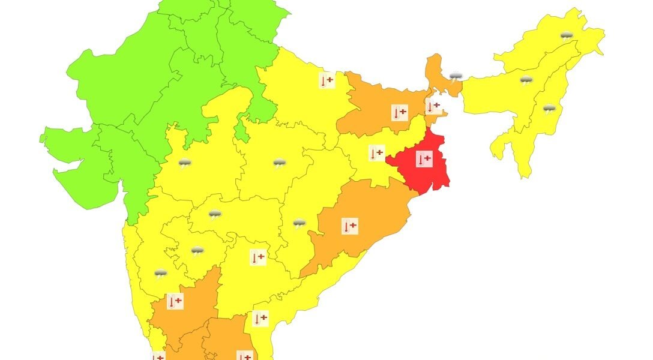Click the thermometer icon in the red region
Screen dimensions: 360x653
pyautogui.click(x=424, y=159)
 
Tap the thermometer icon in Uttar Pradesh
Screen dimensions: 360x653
pyautogui.click(x=326, y=80)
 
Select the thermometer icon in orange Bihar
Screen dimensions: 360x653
pyautogui.click(x=400, y=112)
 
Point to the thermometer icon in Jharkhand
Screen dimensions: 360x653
pyautogui.click(x=376, y=154)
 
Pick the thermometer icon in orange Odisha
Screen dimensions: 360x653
pyautogui.click(x=350, y=227)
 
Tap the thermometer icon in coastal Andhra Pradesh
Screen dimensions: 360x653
pyautogui.click(x=260, y=319)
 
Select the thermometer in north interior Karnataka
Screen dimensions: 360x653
pyautogui.click(x=175, y=301)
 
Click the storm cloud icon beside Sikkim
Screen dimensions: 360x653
pyautogui.click(x=456, y=76)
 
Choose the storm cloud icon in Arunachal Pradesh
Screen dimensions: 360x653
pyautogui.click(x=566, y=35)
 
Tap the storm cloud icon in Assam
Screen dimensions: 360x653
pyautogui.click(x=526, y=80)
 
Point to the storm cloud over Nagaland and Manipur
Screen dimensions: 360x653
pyautogui.click(x=549, y=109)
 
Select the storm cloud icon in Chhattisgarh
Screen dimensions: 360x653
pyautogui.click(x=299, y=224)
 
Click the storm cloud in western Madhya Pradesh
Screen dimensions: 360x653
pyautogui.click(x=185, y=162)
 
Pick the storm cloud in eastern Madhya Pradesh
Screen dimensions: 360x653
pyautogui.click(x=279, y=163)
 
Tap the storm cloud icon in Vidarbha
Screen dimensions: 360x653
pyautogui.click(x=215, y=214)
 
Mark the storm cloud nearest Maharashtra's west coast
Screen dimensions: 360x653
pyautogui.click(x=160, y=274)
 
